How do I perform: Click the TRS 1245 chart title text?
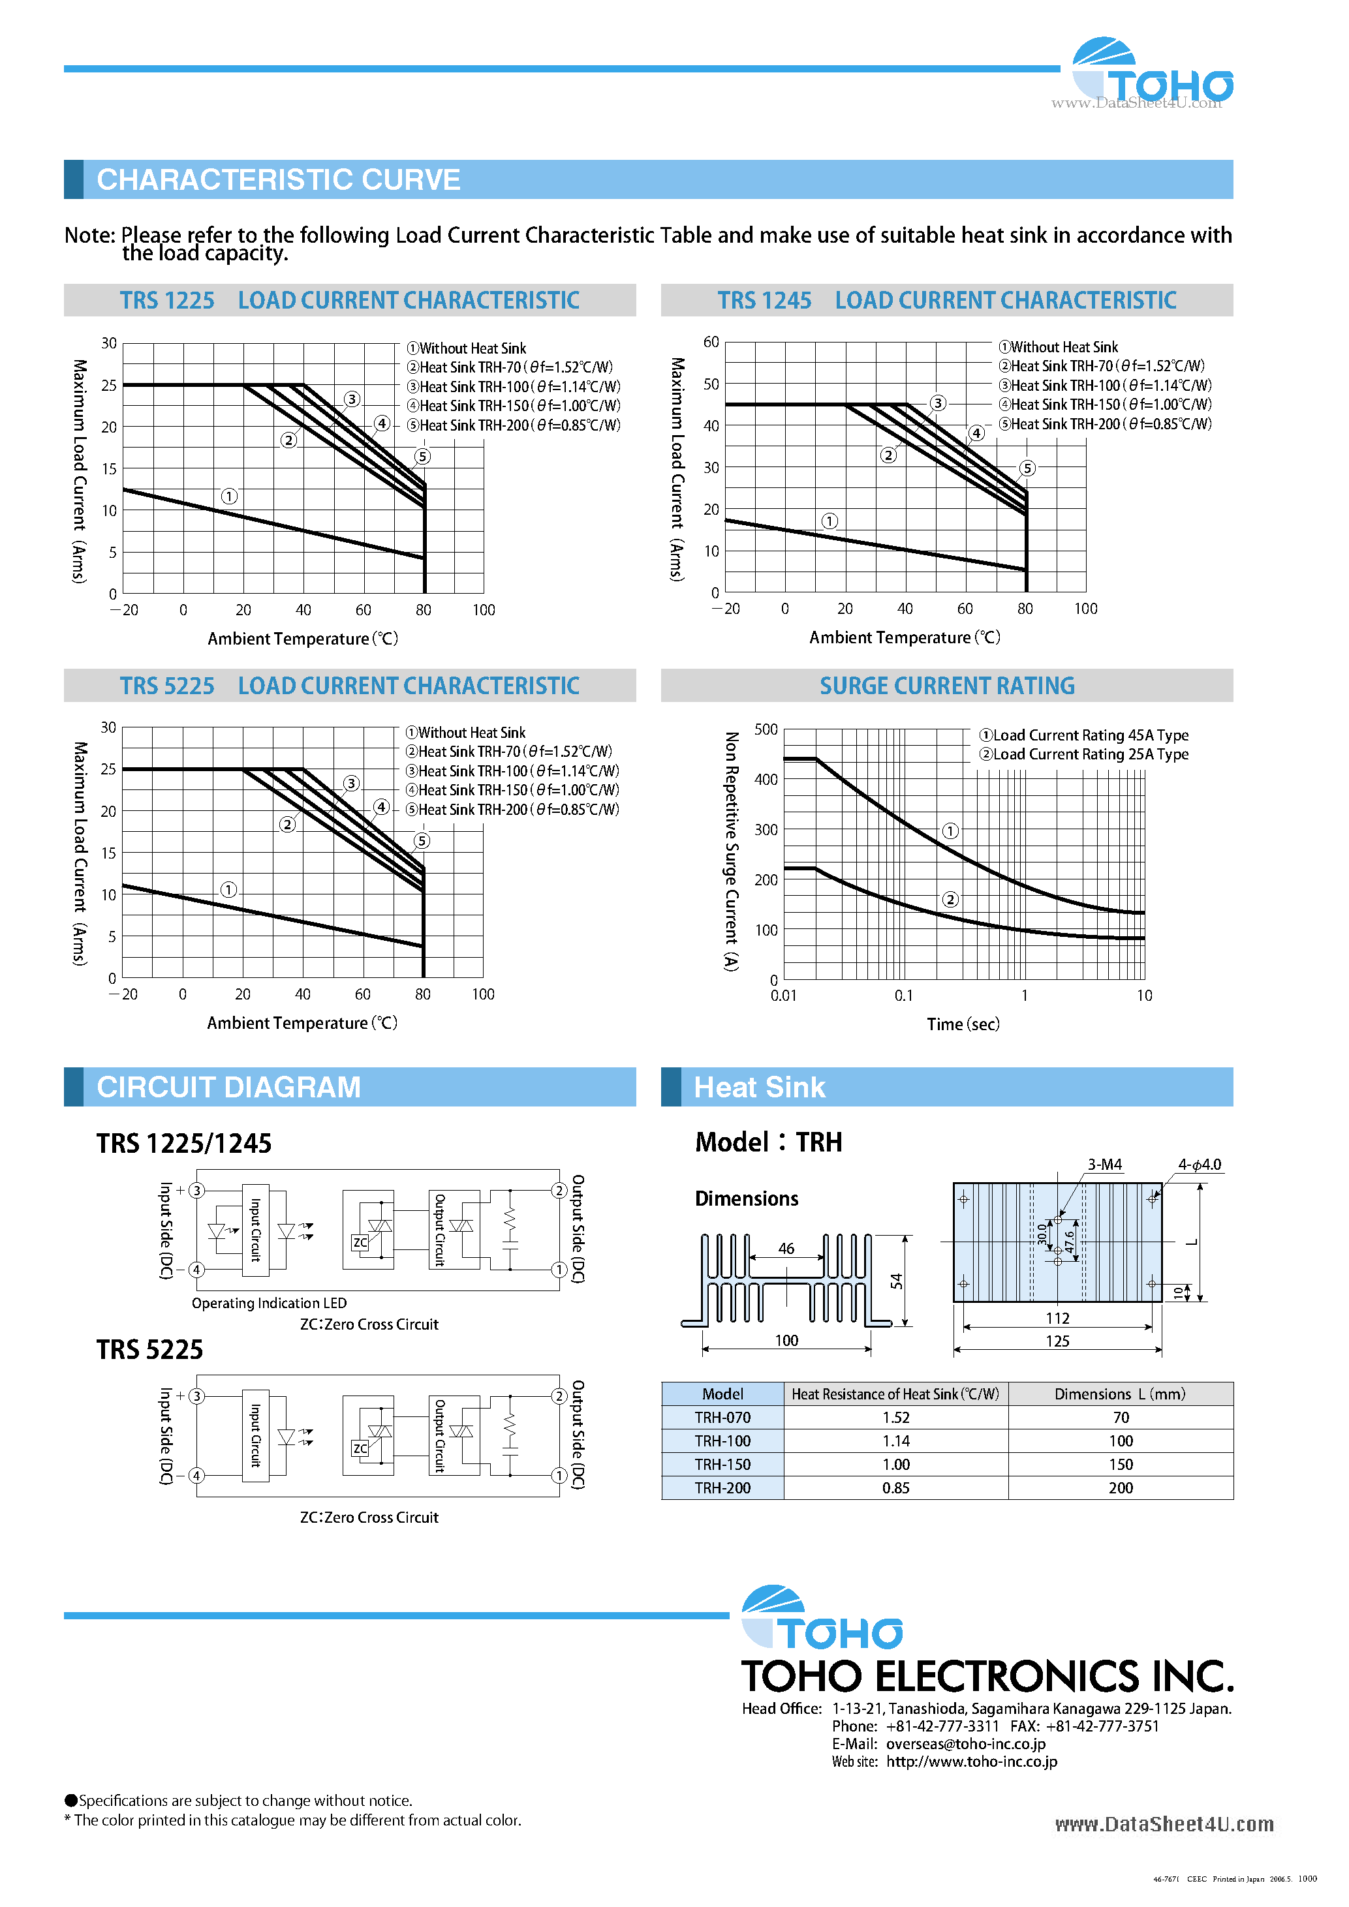click(x=947, y=300)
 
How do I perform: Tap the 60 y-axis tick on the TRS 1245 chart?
click(x=711, y=343)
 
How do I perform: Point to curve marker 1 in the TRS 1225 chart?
click(x=229, y=496)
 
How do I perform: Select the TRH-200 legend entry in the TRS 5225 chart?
click(x=512, y=810)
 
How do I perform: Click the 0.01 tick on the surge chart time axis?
click(x=783, y=995)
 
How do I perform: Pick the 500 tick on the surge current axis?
click(x=766, y=729)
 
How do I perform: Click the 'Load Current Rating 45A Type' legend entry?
click(x=1084, y=735)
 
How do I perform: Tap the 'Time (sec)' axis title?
click(x=963, y=1024)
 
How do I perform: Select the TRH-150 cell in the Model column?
click(x=722, y=1464)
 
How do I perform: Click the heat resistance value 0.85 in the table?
click(x=895, y=1487)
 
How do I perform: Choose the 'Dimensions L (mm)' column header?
click(x=1120, y=1394)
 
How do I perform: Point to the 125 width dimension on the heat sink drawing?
click(x=1057, y=1341)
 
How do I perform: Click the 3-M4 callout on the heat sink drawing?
click(x=1105, y=1165)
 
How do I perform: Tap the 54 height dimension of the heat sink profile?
click(x=896, y=1281)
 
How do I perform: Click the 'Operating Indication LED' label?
click(x=269, y=1303)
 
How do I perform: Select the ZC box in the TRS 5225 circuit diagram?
click(x=360, y=1448)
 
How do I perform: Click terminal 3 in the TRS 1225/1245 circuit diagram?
click(x=197, y=1190)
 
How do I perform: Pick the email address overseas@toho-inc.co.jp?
click(x=965, y=1744)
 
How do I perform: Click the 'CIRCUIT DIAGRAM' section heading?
click(x=228, y=1087)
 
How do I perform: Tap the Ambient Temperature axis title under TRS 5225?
click(x=302, y=1022)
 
